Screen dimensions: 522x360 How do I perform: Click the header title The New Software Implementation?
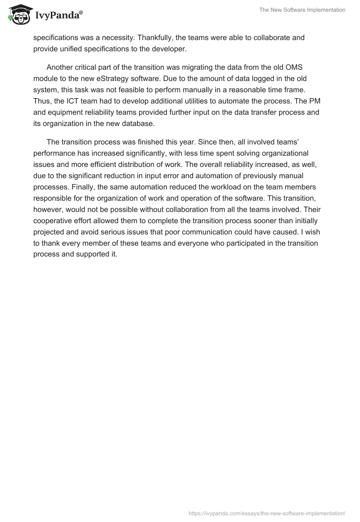coord(302,9)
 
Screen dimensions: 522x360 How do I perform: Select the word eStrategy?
coord(122,78)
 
